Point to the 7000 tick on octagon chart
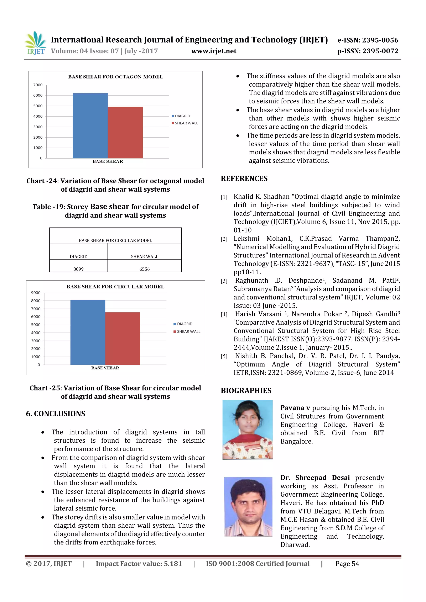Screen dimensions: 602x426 point(38,85)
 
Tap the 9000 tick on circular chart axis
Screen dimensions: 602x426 point(36,293)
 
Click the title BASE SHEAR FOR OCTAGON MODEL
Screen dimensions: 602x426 point(115,77)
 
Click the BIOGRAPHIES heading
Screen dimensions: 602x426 point(246,391)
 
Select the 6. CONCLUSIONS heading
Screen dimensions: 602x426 point(55,414)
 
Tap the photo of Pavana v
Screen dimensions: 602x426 point(247,430)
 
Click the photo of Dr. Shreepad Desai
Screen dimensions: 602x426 point(248,507)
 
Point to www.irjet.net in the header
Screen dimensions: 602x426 point(214,51)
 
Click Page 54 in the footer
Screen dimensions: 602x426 point(347,564)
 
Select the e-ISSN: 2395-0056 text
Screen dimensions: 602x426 point(368,40)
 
